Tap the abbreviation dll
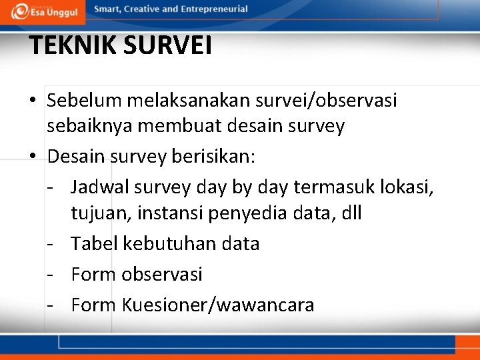pos(351,213)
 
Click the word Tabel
pos(95,244)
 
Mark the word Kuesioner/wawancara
pos(218,305)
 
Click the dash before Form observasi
pos(51,275)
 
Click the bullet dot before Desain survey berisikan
pos(33,158)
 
